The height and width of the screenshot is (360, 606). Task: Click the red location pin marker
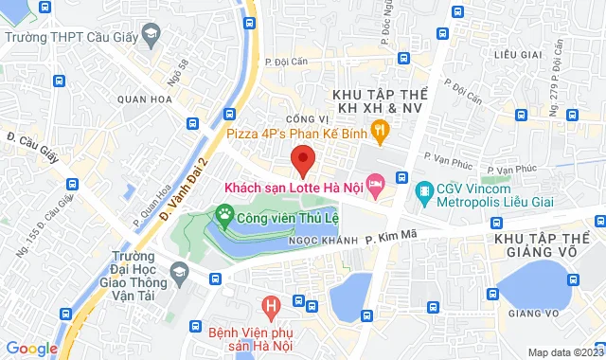tap(302, 160)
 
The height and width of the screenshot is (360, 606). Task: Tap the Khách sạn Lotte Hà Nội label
tap(293, 187)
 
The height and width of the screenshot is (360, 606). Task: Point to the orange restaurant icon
tap(380, 128)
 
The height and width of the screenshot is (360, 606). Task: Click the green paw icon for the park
tap(224, 215)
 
